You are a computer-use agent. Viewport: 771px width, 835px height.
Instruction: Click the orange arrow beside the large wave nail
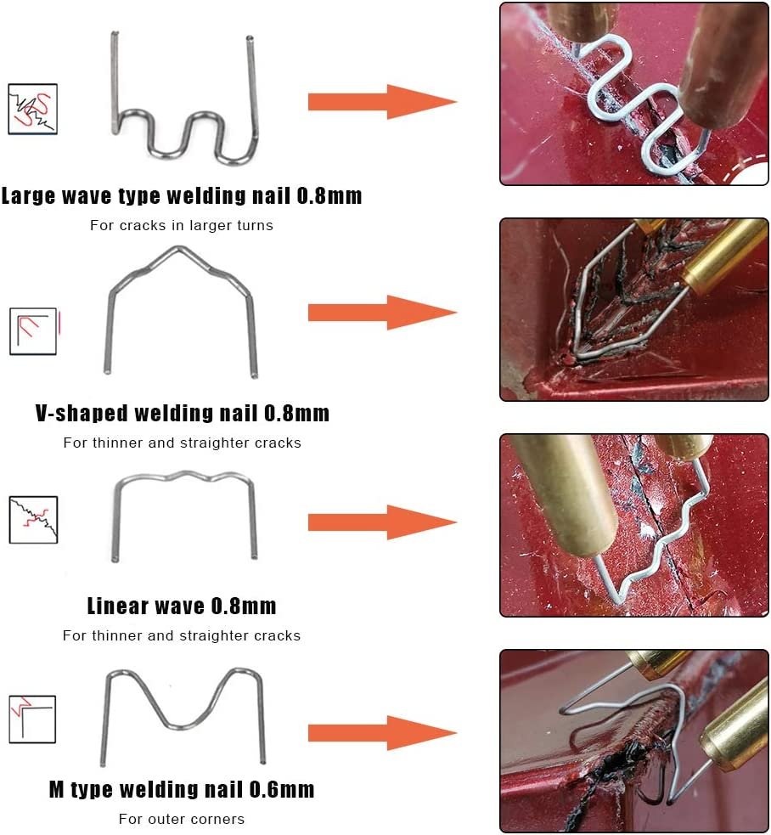point(382,102)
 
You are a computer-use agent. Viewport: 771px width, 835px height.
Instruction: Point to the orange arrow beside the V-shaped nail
point(382,313)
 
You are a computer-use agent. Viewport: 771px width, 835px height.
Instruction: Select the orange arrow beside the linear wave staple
point(382,523)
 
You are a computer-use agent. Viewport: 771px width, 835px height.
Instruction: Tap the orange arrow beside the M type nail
point(382,733)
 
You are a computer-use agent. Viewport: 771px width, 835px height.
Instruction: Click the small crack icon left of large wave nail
point(32,109)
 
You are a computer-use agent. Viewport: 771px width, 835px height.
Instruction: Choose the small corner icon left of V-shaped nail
point(33,331)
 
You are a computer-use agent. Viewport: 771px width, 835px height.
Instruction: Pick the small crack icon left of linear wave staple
point(33,520)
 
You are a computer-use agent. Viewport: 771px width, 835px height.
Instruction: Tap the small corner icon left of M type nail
point(32,719)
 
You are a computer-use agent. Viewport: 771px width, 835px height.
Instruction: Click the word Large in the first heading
point(28,196)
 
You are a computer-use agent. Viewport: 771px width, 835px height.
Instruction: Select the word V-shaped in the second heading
point(82,414)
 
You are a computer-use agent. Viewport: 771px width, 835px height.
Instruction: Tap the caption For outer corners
point(182,819)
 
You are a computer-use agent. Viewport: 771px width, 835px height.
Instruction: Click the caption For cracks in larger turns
point(182,226)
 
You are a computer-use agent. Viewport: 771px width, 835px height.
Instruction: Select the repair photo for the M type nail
point(633,741)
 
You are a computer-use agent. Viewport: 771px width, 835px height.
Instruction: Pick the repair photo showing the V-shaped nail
point(633,309)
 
